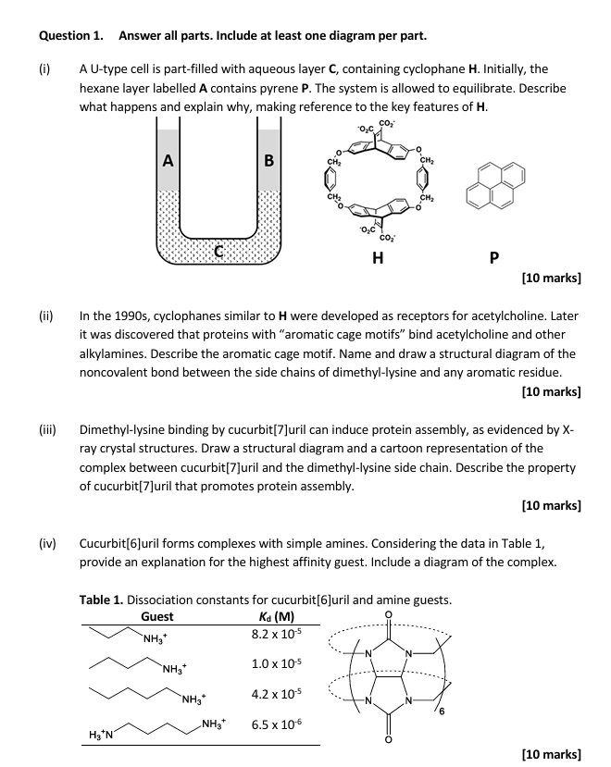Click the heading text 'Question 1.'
[70, 36]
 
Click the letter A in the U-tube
[168, 160]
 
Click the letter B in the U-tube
[268, 160]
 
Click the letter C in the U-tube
[218, 250]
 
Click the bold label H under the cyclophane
[377, 258]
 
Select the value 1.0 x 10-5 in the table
[273, 663]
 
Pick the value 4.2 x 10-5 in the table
[273, 694]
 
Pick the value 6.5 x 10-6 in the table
[273, 726]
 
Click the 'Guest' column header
[156, 617]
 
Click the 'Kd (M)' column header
[272, 617]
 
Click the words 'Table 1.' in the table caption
[104, 600]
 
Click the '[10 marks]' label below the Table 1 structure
[551, 754]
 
